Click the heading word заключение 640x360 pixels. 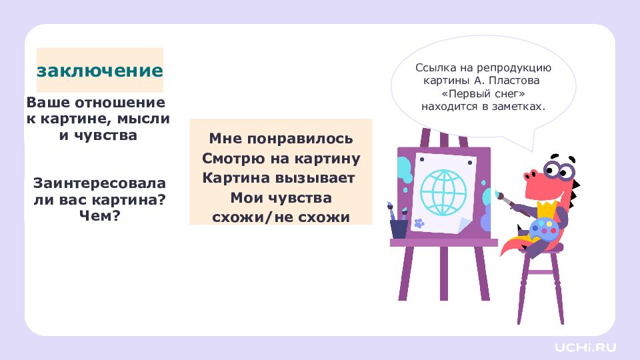pos(99,71)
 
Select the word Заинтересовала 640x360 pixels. pos(99,183)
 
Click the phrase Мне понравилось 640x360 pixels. pos(281,139)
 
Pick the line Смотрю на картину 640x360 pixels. pos(281,159)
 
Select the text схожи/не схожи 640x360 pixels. pos(281,217)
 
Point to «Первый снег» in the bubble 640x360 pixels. pos(483,93)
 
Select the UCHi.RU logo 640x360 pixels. pos(586,347)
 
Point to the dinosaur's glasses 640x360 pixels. pos(559,169)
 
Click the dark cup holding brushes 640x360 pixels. pos(399,228)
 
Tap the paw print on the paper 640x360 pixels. pos(419,223)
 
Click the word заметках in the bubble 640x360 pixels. pos(517,107)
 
